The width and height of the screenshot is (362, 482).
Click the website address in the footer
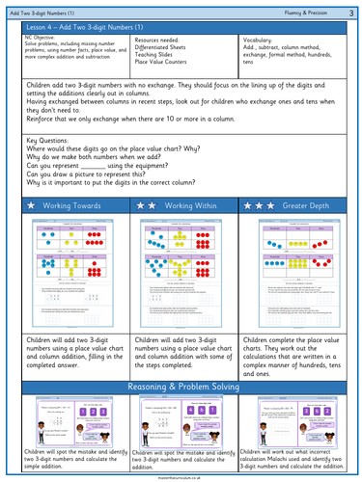[x=181, y=474]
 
